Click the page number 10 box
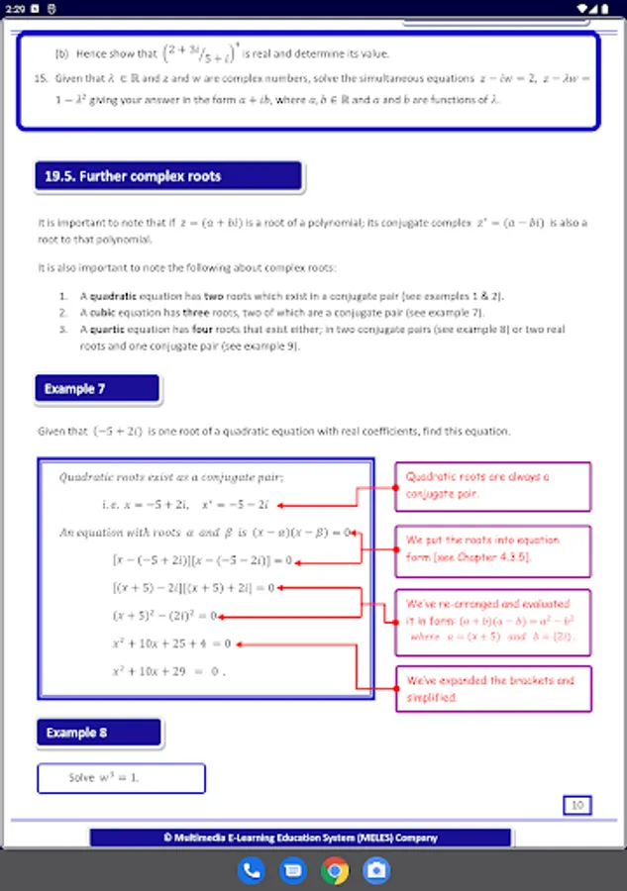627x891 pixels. tap(576, 805)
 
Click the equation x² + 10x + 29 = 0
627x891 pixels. tap(168, 670)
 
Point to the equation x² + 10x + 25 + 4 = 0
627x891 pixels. tap(171, 643)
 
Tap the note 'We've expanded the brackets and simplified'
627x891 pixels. tap(492, 689)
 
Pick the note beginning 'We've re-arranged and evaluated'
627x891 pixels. tap(492, 620)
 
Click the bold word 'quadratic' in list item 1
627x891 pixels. tap(114, 296)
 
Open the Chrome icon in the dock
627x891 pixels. tap(335, 871)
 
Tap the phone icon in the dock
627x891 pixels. tap(252, 871)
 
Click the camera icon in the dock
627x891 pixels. tap(376, 871)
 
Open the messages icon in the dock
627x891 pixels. tap(293, 871)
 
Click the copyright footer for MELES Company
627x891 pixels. tap(300, 838)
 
